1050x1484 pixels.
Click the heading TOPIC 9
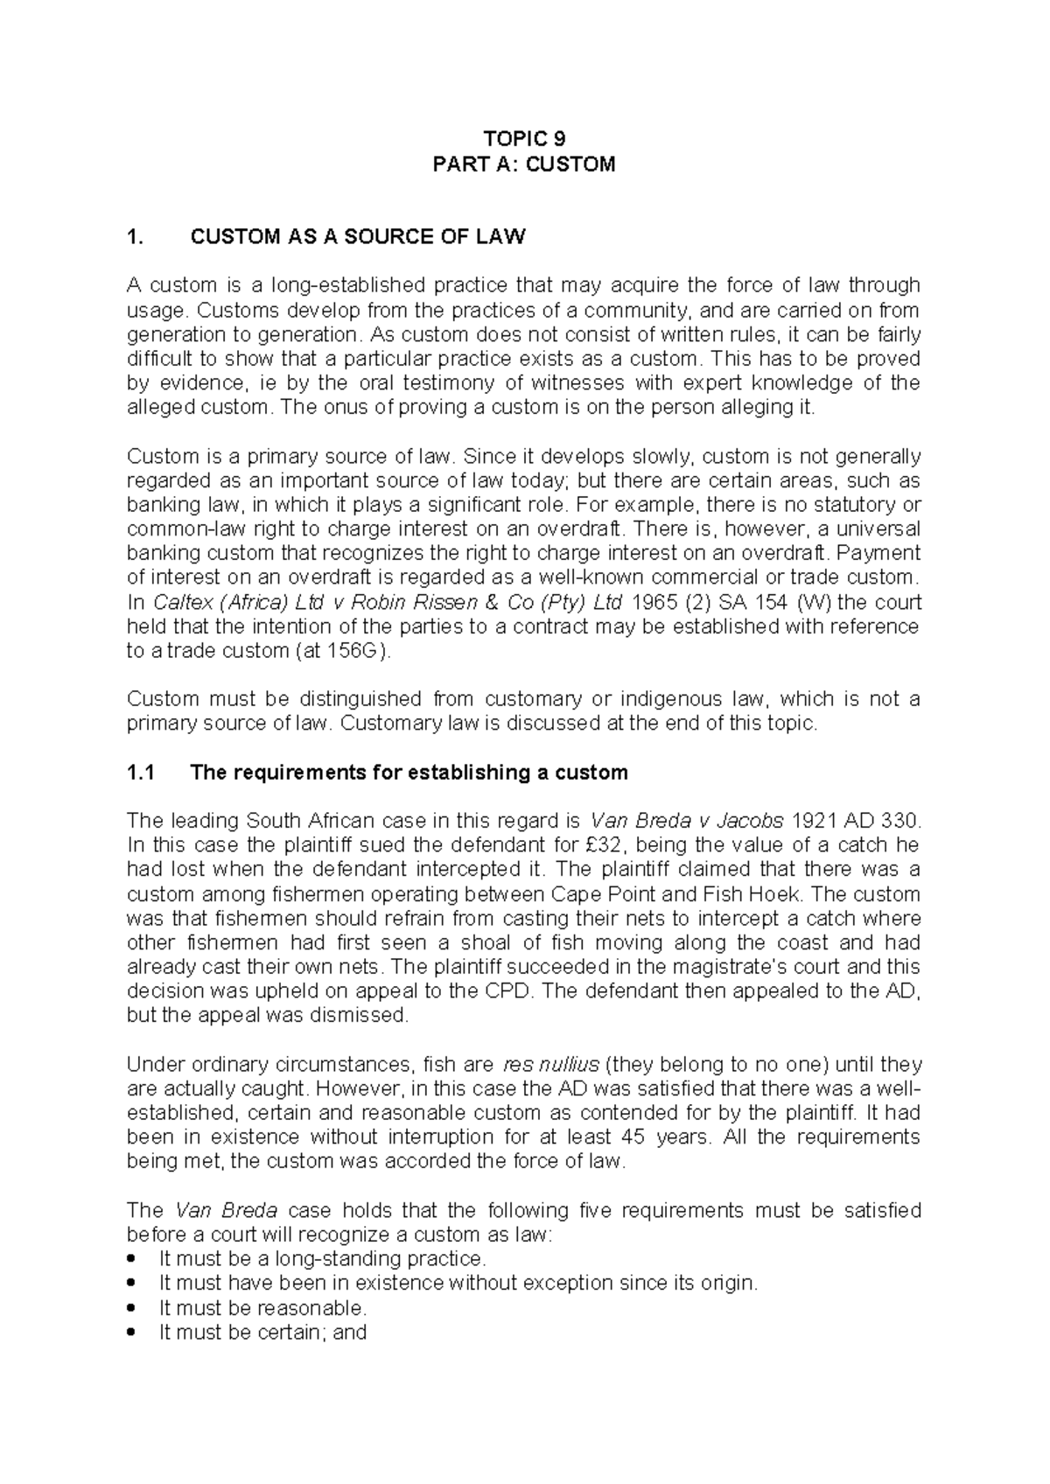[x=524, y=139]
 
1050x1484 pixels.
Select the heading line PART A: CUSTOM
[x=524, y=164]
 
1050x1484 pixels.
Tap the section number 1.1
[x=140, y=773]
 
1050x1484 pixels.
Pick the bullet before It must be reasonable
[x=132, y=1309]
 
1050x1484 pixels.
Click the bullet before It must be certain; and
[x=132, y=1333]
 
